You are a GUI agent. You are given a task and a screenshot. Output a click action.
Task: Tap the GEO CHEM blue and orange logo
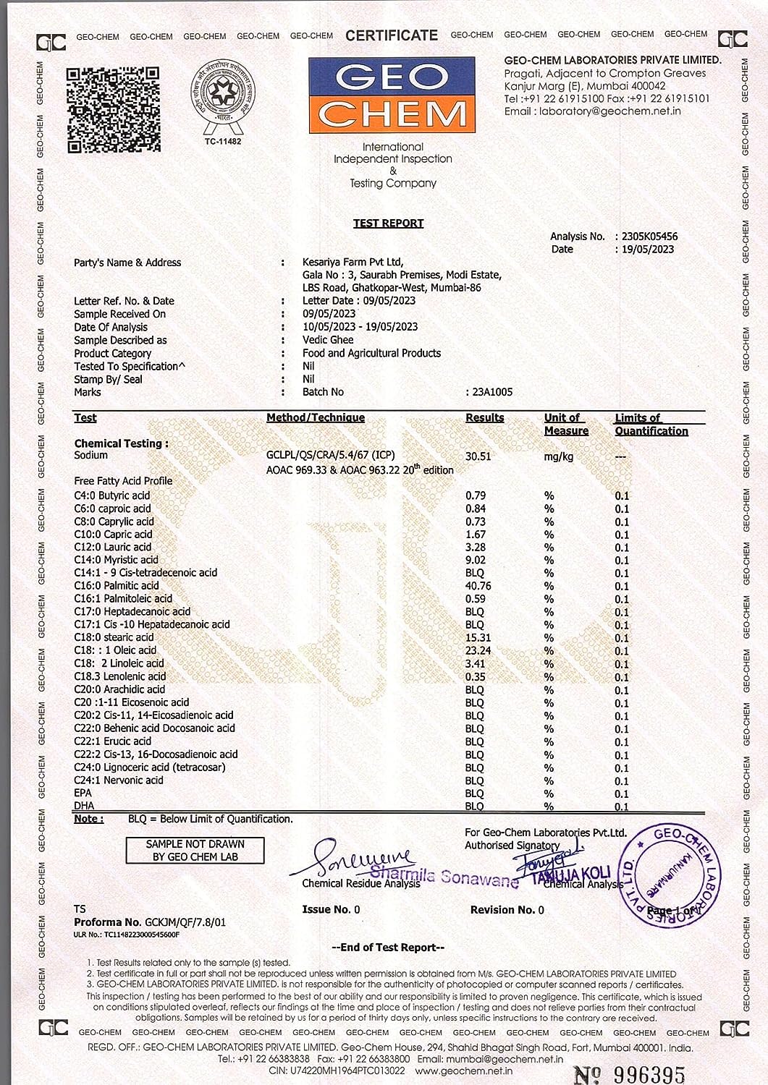coord(392,96)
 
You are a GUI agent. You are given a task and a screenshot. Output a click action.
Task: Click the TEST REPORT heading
coord(388,223)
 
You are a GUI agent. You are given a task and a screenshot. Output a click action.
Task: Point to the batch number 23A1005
coord(492,392)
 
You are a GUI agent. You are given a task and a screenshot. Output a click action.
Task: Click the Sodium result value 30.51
coord(478,456)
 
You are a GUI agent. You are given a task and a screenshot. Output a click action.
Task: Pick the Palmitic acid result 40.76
coord(478,586)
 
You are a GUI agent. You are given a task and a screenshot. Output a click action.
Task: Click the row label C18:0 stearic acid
coord(114,637)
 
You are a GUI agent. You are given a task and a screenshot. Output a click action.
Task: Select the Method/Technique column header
coord(316,417)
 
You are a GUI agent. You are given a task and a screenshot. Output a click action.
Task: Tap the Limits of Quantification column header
coord(651,424)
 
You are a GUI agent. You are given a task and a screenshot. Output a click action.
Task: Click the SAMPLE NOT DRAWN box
coord(195,851)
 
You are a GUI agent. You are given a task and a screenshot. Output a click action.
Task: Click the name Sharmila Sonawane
coord(444,876)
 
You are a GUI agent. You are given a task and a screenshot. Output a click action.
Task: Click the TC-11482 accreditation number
coord(222,141)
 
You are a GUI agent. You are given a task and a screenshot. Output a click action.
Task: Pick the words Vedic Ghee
coord(328,340)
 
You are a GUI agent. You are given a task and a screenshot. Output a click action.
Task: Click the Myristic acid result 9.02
coord(476,560)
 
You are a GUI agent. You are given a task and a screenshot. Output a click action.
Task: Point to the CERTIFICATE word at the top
coord(392,35)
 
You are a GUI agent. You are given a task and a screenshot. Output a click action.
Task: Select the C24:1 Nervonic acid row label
coord(119,780)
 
